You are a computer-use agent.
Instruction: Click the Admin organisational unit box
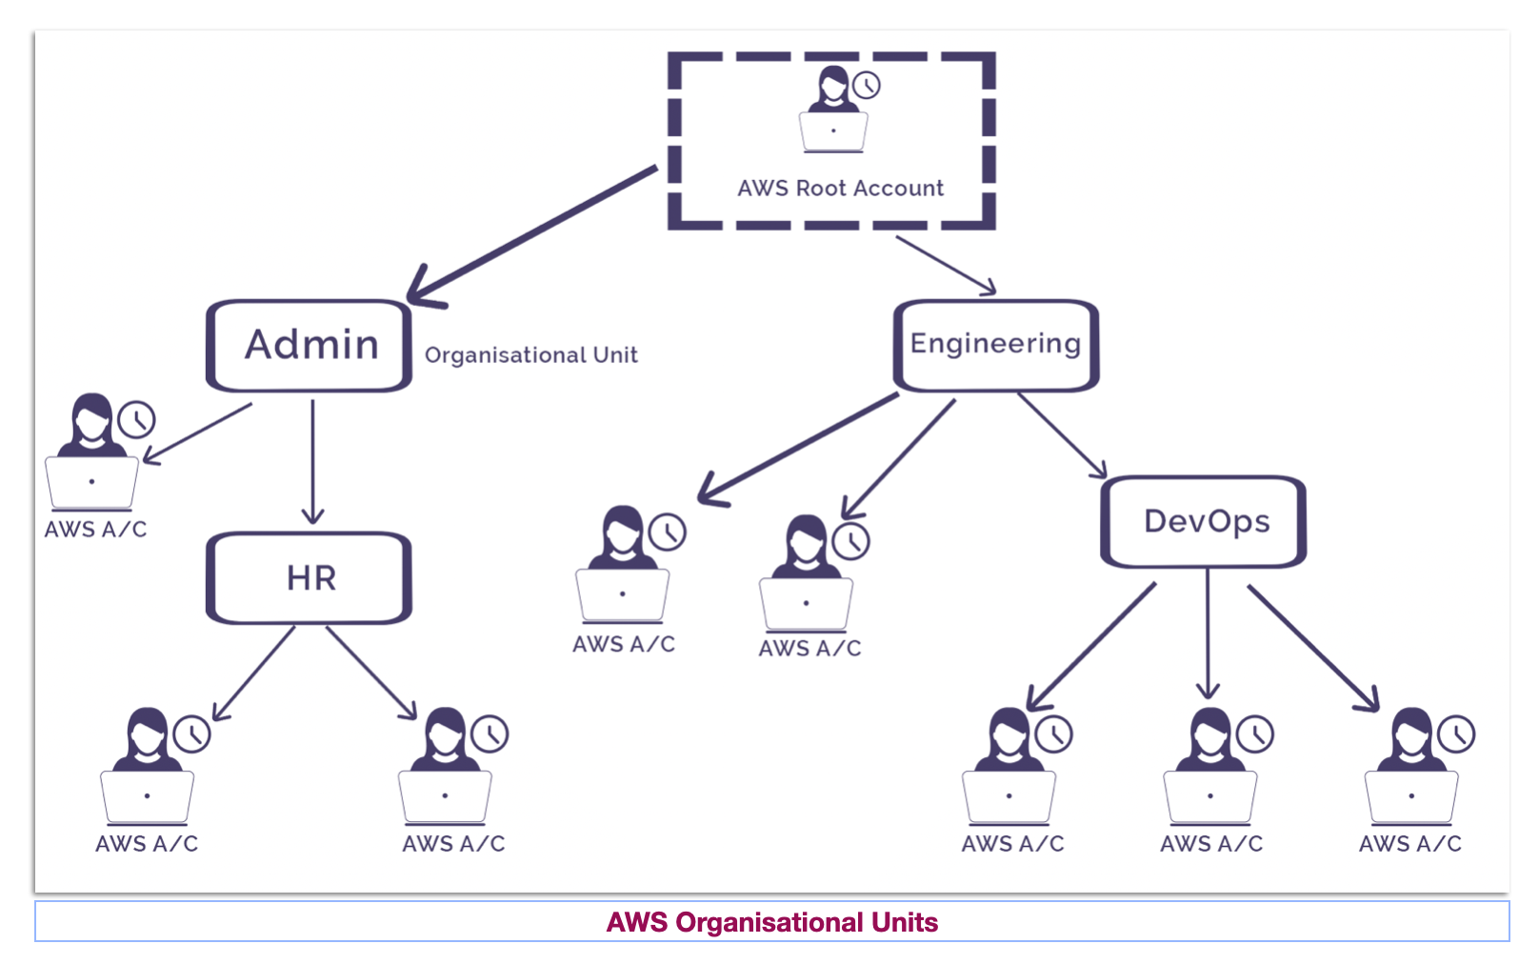point(310,346)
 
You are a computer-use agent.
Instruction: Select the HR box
point(310,578)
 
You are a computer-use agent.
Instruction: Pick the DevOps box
point(1204,522)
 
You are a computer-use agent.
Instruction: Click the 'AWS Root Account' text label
point(840,189)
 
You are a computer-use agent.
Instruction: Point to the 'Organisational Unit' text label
point(530,355)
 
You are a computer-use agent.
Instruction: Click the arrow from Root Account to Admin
point(533,234)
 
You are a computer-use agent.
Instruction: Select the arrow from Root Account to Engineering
point(946,264)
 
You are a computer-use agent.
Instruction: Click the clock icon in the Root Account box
point(866,85)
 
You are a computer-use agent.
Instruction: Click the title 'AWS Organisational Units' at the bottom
point(771,922)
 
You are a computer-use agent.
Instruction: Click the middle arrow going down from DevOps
point(1208,633)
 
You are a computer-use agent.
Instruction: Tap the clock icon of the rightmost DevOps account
point(1456,734)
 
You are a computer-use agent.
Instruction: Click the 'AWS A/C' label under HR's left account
point(147,844)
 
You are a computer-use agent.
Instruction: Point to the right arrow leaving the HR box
point(371,672)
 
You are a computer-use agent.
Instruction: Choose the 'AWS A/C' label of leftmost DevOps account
point(1012,844)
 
